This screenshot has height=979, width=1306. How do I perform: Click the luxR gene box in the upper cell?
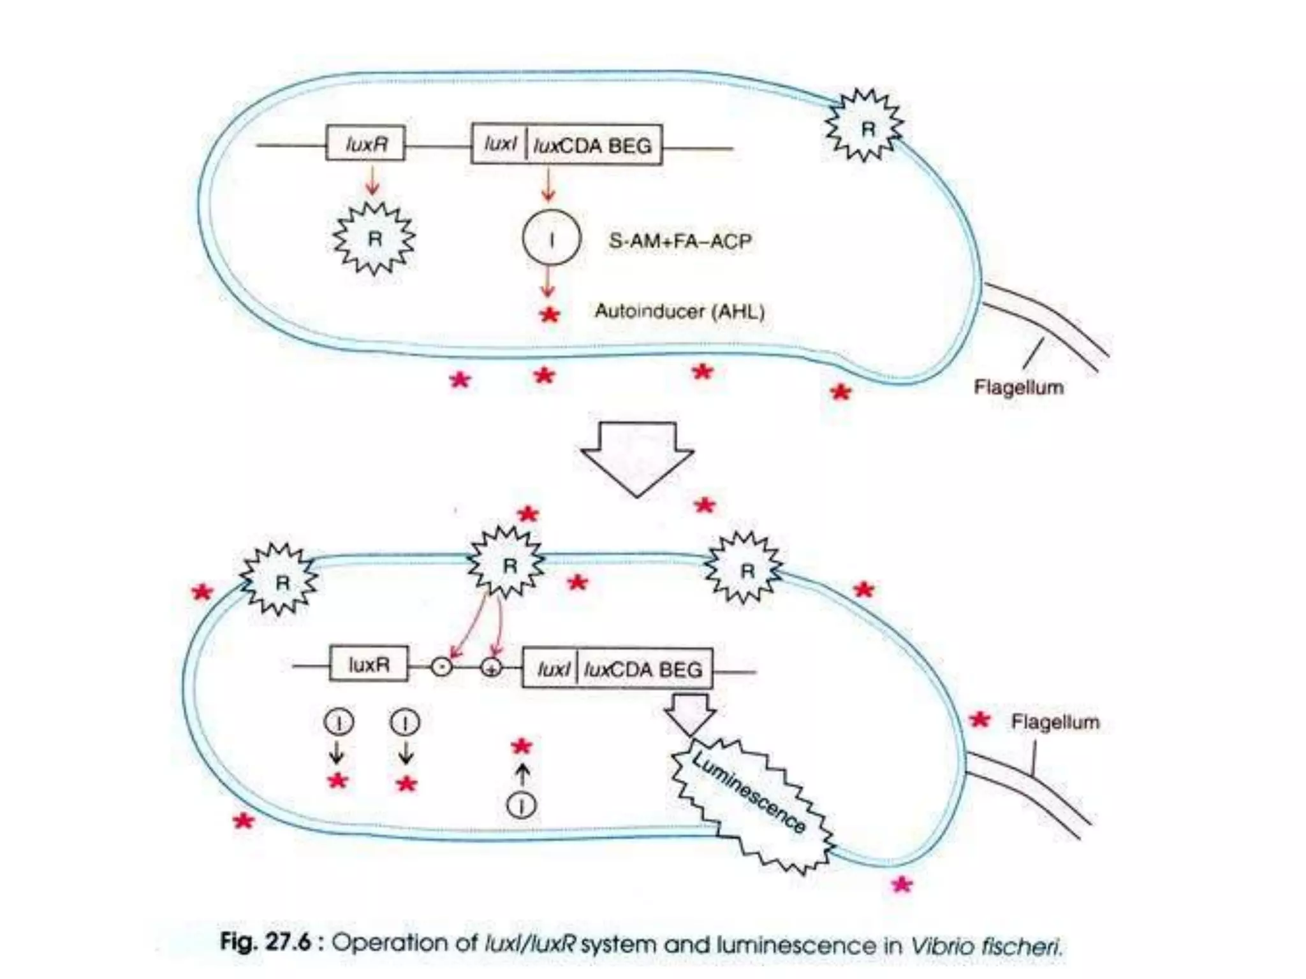point(365,143)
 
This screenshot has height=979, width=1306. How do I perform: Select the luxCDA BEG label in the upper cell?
point(593,146)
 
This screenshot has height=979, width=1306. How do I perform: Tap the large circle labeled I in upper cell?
point(552,238)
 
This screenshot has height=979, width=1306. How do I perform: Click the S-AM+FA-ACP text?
point(680,241)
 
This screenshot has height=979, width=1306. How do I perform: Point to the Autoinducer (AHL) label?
point(680,311)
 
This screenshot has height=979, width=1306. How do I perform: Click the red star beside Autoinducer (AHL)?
point(550,314)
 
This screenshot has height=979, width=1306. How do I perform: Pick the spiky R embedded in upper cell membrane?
point(865,126)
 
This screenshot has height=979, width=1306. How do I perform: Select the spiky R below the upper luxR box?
point(374,238)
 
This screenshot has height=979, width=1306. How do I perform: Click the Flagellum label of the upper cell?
point(1018,387)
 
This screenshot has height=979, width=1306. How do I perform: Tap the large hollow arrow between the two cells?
point(637,456)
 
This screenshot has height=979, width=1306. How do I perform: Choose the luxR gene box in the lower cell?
point(369,665)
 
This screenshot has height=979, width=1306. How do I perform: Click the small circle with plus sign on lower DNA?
point(492,667)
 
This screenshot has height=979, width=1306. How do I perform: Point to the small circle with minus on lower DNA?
point(442,667)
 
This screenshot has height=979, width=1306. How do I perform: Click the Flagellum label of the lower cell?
point(1055,722)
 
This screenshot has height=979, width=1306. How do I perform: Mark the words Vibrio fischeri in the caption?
point(986,945)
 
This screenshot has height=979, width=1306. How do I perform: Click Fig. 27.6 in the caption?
point(265,942)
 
